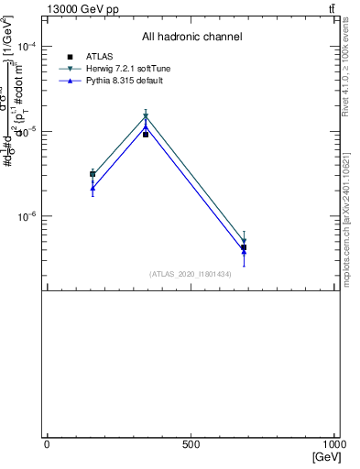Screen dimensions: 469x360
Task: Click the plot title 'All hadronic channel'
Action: (191, 38)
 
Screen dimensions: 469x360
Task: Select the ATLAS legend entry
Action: (100, 57)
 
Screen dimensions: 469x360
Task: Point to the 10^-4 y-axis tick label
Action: (25, 47)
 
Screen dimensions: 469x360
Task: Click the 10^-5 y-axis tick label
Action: (25, 132)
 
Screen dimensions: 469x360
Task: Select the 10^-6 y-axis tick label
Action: (25, 217)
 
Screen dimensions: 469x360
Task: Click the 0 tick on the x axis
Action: (47, 443)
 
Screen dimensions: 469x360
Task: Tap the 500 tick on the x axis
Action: (191, 443)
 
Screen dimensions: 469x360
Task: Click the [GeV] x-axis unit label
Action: (326, 456)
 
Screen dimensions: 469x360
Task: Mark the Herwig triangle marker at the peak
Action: (146, 116)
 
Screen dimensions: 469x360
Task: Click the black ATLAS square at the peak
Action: (146, 135)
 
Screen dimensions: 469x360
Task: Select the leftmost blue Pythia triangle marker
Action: (93, 188)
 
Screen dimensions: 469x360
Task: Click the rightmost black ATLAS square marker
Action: (244, 248)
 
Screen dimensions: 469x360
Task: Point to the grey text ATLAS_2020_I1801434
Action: (191, 274)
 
